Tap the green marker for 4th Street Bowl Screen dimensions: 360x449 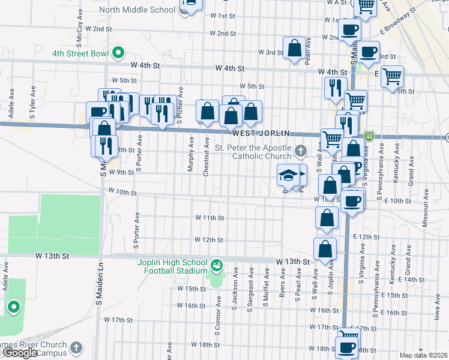[119, 53]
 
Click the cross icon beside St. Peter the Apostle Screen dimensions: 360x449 [302, 150]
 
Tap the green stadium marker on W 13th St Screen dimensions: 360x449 [216, 264]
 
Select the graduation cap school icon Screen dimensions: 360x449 [288, 175]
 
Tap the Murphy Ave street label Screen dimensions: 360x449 [191, 155]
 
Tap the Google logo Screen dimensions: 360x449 [20, 353]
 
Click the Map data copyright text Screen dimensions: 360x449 [424, 355]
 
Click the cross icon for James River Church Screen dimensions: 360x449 [76, 347]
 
